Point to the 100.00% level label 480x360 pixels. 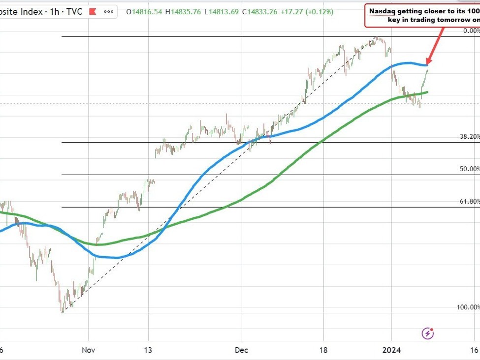468,307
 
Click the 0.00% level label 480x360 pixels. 471,30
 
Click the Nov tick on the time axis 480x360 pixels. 89,350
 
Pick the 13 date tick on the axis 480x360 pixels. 148,350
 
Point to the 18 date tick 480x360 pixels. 323,350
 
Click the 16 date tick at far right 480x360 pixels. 474,350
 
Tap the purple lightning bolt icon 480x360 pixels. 428,333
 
